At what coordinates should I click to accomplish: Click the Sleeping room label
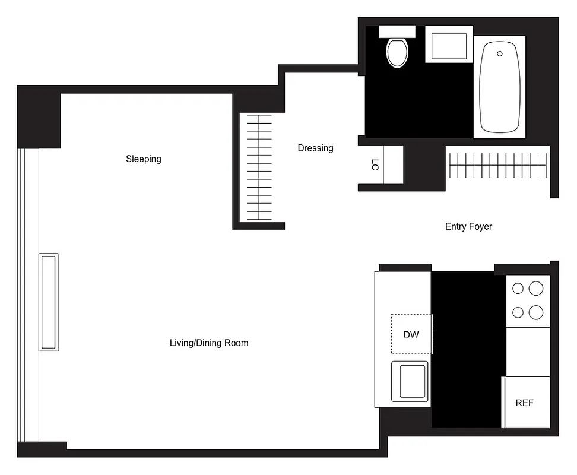(144, 159)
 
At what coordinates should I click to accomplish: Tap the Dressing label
(315, 148)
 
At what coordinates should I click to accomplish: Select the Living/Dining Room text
(209, 343)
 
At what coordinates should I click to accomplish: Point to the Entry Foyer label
(468, 226)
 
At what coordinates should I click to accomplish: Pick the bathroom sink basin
(449, 46)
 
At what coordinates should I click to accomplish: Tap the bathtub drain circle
(500, 54)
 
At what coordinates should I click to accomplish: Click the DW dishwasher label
(411, 334)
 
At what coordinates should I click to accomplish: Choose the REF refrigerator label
(524, 403)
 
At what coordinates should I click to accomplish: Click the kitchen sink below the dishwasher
(410, 380)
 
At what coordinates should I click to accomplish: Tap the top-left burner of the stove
(518, 289)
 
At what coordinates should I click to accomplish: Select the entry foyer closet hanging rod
(497, 164)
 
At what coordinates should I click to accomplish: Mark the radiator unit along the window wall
(49, 302)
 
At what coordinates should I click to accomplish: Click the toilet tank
(397, 31)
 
